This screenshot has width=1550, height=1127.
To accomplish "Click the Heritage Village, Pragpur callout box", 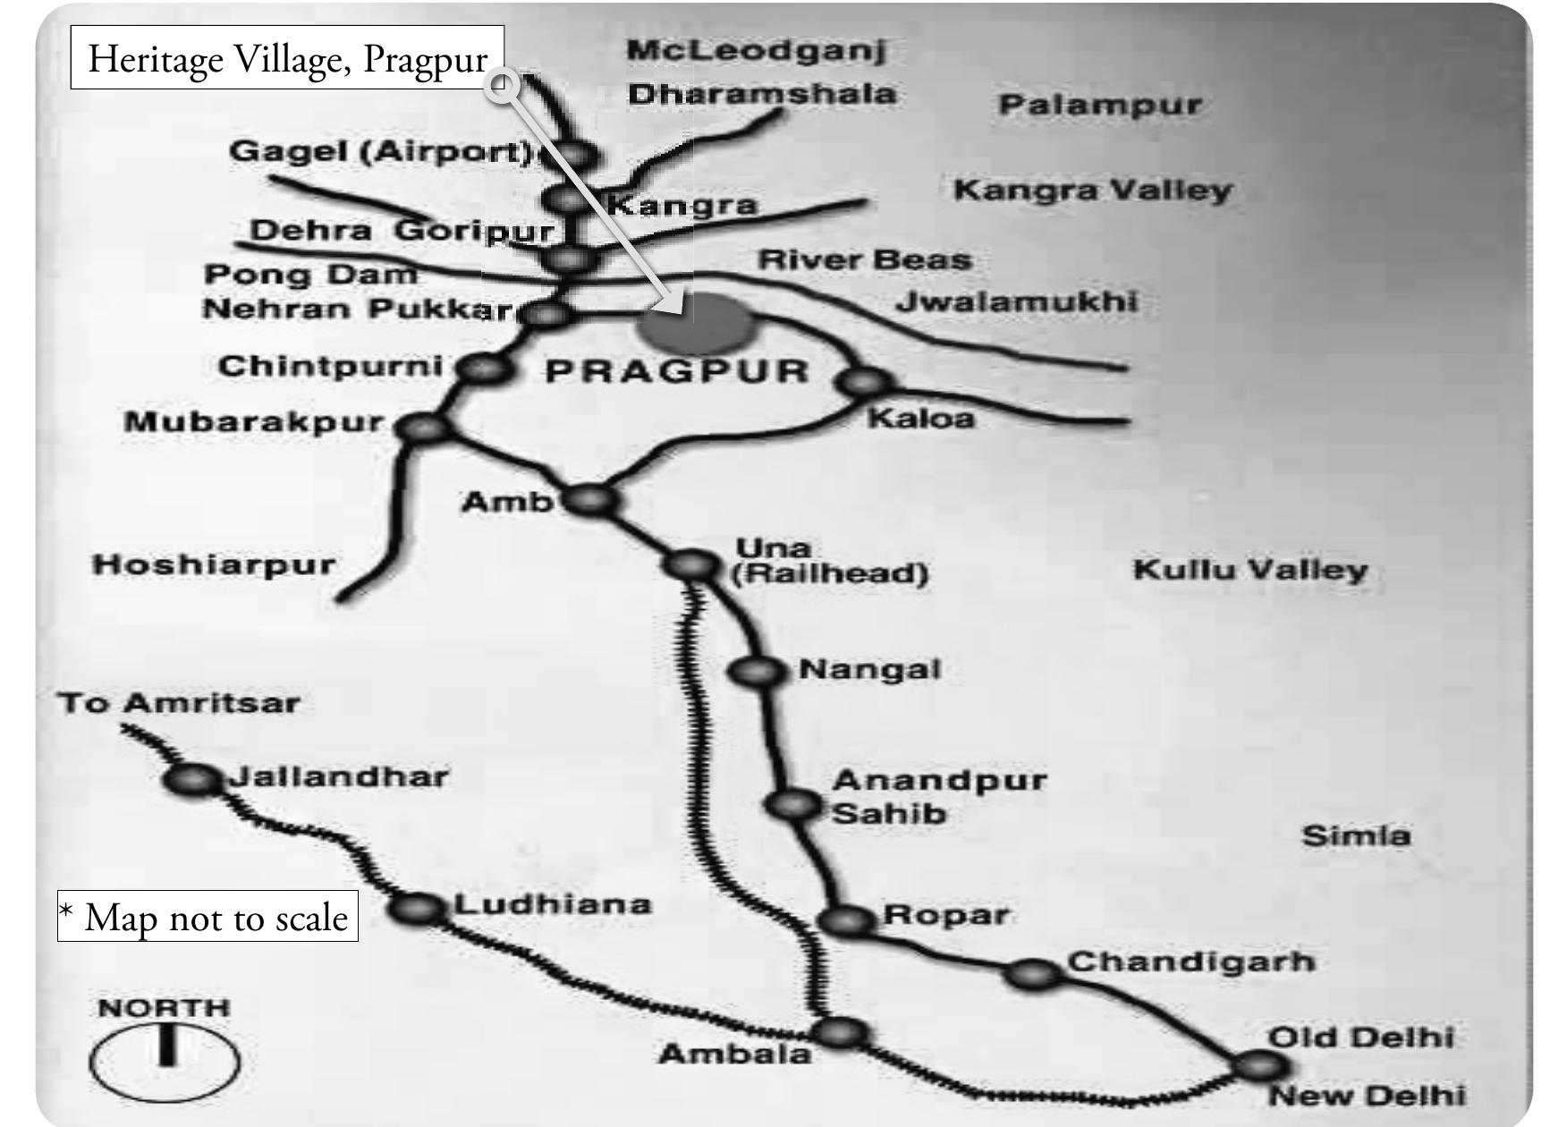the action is click(287, 58).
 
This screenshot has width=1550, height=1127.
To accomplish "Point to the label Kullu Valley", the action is click(1250, 570).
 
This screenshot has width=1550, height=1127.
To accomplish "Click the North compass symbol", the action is click(165, 1061).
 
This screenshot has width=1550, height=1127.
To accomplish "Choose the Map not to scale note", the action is click(208, 916).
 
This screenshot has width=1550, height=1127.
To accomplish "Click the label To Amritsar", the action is click(179, 703).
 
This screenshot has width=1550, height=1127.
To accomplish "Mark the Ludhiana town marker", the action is click(417, 909).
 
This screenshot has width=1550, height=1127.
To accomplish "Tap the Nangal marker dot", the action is click(757, 670).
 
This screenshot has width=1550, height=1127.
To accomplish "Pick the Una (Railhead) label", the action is click(829, 561).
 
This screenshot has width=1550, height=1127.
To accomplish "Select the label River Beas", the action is click(864, 260).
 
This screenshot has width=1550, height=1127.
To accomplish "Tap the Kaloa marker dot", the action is click(863, 382).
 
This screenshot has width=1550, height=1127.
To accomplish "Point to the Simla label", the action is click(1356, 836).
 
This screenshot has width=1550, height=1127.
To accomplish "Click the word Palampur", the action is click(1099, 105).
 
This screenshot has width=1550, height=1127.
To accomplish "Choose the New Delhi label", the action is click(1366, 1096).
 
